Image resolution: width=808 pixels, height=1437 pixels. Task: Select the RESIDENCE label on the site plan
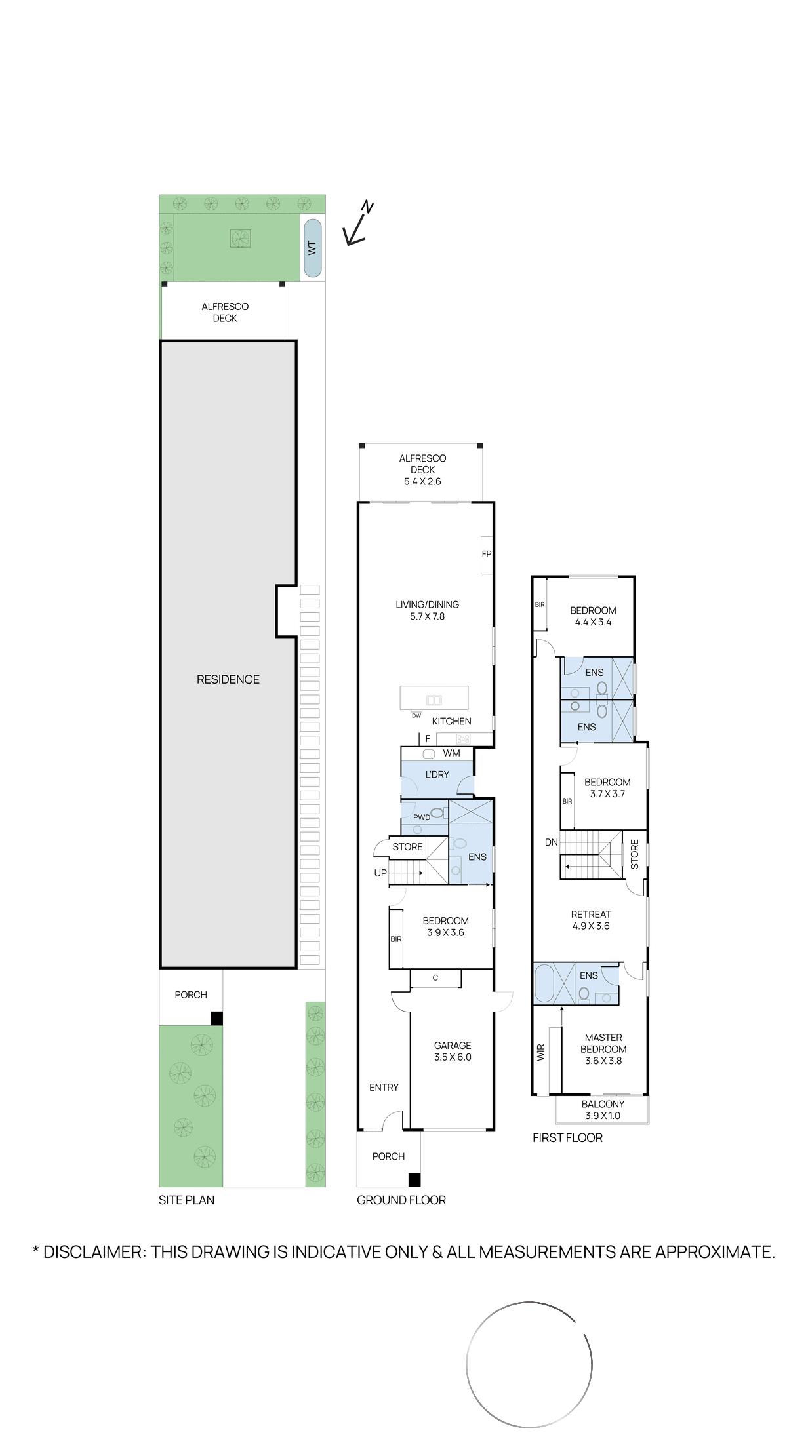228,680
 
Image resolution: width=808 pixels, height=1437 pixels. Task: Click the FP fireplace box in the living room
487,554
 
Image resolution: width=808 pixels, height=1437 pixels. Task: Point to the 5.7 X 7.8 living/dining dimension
428,616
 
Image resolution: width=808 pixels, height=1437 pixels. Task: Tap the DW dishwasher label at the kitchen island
416,715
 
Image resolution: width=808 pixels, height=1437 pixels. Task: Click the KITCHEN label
452,721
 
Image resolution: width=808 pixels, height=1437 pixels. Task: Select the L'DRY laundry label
437,774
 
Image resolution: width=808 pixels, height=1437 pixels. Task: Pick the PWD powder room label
422,817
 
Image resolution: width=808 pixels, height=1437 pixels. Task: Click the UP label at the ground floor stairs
380,873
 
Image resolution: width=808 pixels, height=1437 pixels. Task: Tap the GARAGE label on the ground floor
453,1046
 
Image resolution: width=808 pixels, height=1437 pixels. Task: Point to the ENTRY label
384,1088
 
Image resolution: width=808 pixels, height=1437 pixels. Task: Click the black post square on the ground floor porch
414,1180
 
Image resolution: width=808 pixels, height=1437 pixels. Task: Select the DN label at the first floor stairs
551,842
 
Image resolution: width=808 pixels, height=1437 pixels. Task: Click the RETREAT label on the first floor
591,915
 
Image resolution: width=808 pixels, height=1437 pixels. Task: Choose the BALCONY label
603,1104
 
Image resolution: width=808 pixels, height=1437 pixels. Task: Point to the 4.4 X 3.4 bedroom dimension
593,622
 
